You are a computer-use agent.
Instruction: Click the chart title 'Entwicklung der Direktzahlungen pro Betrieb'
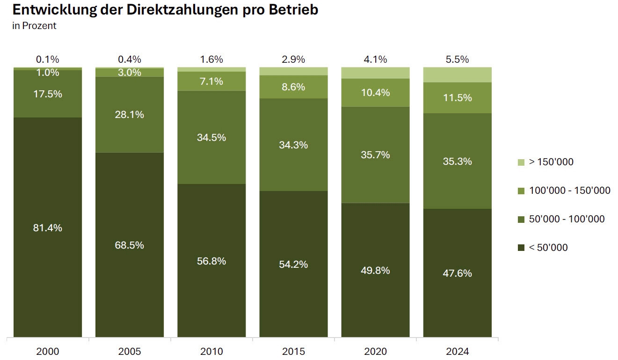pos(165,10)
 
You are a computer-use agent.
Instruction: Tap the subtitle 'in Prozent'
pos(34,26)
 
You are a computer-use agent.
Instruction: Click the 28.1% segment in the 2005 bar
pos(130,114)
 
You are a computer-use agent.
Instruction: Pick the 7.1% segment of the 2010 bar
pos(211,81)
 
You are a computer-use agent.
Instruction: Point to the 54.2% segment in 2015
pos(293,264)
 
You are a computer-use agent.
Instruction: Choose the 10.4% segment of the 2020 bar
pos(375,93)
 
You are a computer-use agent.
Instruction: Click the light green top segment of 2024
pos(457,74)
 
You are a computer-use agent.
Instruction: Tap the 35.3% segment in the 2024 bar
pos(457,161)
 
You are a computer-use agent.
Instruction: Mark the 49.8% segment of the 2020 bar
pos(375,270)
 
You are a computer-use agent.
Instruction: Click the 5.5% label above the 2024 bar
pos(457,59)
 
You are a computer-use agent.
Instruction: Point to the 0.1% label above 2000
pos(48,59)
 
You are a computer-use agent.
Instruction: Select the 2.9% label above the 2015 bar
pos(293,59)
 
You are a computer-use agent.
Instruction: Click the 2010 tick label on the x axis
pos(211,351)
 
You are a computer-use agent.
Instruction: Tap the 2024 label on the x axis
pos(457,351)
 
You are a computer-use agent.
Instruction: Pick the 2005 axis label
pos(130,351)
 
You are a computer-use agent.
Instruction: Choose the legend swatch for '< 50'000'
pos(521,248)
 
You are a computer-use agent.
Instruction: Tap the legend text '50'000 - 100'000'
pos(567,219)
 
